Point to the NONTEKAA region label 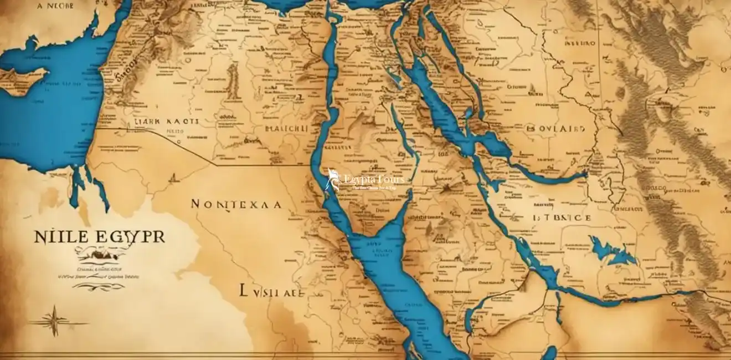(x=235, y=204)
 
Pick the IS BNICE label (x=561, y=218)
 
